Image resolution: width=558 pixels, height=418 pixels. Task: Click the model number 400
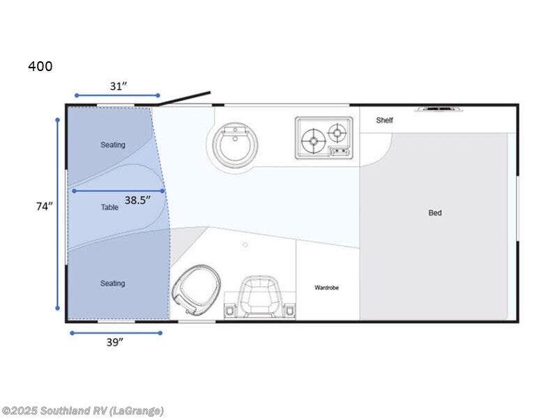pyautogui.click(x=40, y=67)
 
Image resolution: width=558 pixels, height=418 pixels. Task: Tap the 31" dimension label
pyautogui.click(x=119, y=86)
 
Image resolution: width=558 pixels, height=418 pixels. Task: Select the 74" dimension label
pyautogui.click(x=45, y=206)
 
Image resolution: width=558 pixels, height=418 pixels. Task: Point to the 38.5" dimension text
pyautogui.click(x=138, y=199)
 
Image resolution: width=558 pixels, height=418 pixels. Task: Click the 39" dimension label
pyautogui.click(x=115, y=341)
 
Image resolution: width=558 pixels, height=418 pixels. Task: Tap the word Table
pyautogui.click(x=110, y=207)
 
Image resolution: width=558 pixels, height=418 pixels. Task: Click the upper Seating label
pyautogui.click(x=112, y=145)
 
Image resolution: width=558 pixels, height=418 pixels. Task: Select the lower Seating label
pyautogui.click(x=112, y=284)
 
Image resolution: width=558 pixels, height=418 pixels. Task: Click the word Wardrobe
pyautogui.click(x=326, y=287)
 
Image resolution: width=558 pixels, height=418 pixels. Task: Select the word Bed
pyautogui.click(x=435, y=212)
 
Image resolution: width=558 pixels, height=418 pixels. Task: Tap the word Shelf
pyautogui.click(x=384, y=121)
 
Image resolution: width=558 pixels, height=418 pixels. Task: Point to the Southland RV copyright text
pyautogui.click(x=83, y=410)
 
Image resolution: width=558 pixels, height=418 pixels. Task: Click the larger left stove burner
pyautogui.click(x=313, y=141)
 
